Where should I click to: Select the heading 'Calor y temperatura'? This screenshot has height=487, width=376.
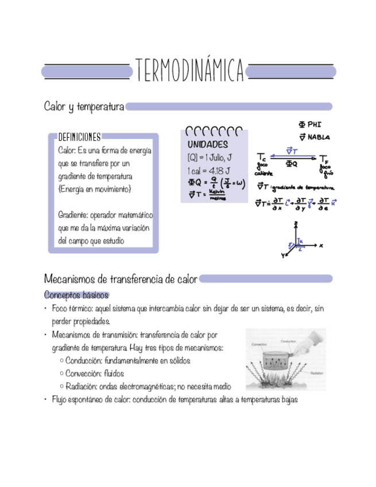pyautogui.click(x=84, y=107)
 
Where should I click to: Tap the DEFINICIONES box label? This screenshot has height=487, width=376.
pyautogui.click(x=79, y=137)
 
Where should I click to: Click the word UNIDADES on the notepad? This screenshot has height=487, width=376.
pyautogui.click(x=207, y=144)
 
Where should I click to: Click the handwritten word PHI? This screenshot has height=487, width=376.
pyautogui.click(x=314, y=124)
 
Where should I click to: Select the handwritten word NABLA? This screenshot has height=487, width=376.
pyautogui.click(x=319, y=137)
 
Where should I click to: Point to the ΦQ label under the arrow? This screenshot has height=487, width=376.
pyautogui.click(x=292, y=164)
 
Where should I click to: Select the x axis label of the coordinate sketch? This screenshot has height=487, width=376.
pyautogui.click(x=321, y=245)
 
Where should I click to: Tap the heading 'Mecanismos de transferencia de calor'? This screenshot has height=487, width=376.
pyautogui.click(x=121, y=280)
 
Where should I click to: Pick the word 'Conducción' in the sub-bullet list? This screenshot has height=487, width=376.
pyautogui.click(x=84, y=361)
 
